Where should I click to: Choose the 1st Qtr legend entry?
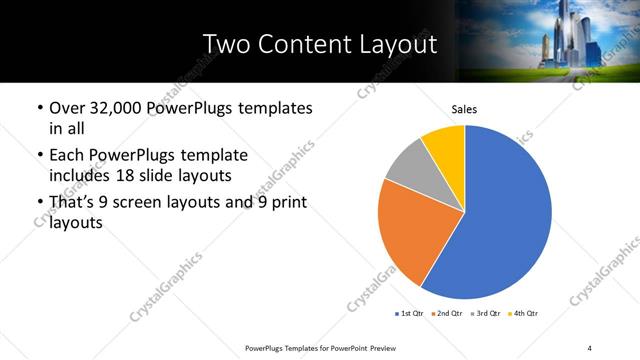tap(410, 314)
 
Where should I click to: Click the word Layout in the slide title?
tap(397, 44)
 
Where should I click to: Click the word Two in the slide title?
tap(223, 44)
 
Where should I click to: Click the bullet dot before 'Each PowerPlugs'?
tap(37, 156)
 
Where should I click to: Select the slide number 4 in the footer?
tap(590, 347)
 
